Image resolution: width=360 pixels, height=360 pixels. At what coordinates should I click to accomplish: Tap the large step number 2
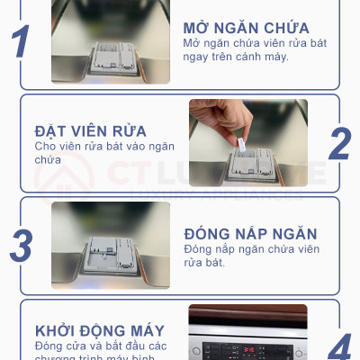[x=339, y=143]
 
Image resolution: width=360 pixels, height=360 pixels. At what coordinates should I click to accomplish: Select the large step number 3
[x=22, y=246]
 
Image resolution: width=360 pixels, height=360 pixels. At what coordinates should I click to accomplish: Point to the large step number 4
[x=339, y=346]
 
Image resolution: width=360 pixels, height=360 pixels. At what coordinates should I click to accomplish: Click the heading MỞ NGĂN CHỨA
[x=246, y=27]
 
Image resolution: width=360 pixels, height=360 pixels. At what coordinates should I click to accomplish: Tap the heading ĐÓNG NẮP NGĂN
[x=250, y=233]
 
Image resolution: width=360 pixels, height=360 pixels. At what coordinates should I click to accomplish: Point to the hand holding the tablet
[x=220, y=121]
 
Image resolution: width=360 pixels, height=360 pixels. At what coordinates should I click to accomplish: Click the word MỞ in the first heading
[x=198, y=27]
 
